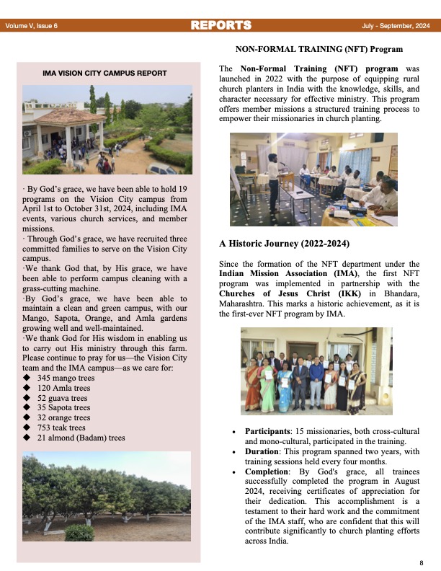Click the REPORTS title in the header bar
(220, 25)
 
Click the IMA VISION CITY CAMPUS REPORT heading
(104, 73)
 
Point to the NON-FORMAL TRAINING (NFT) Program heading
(319, 50)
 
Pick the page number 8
(421, 562)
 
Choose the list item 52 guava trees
(62, 397)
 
